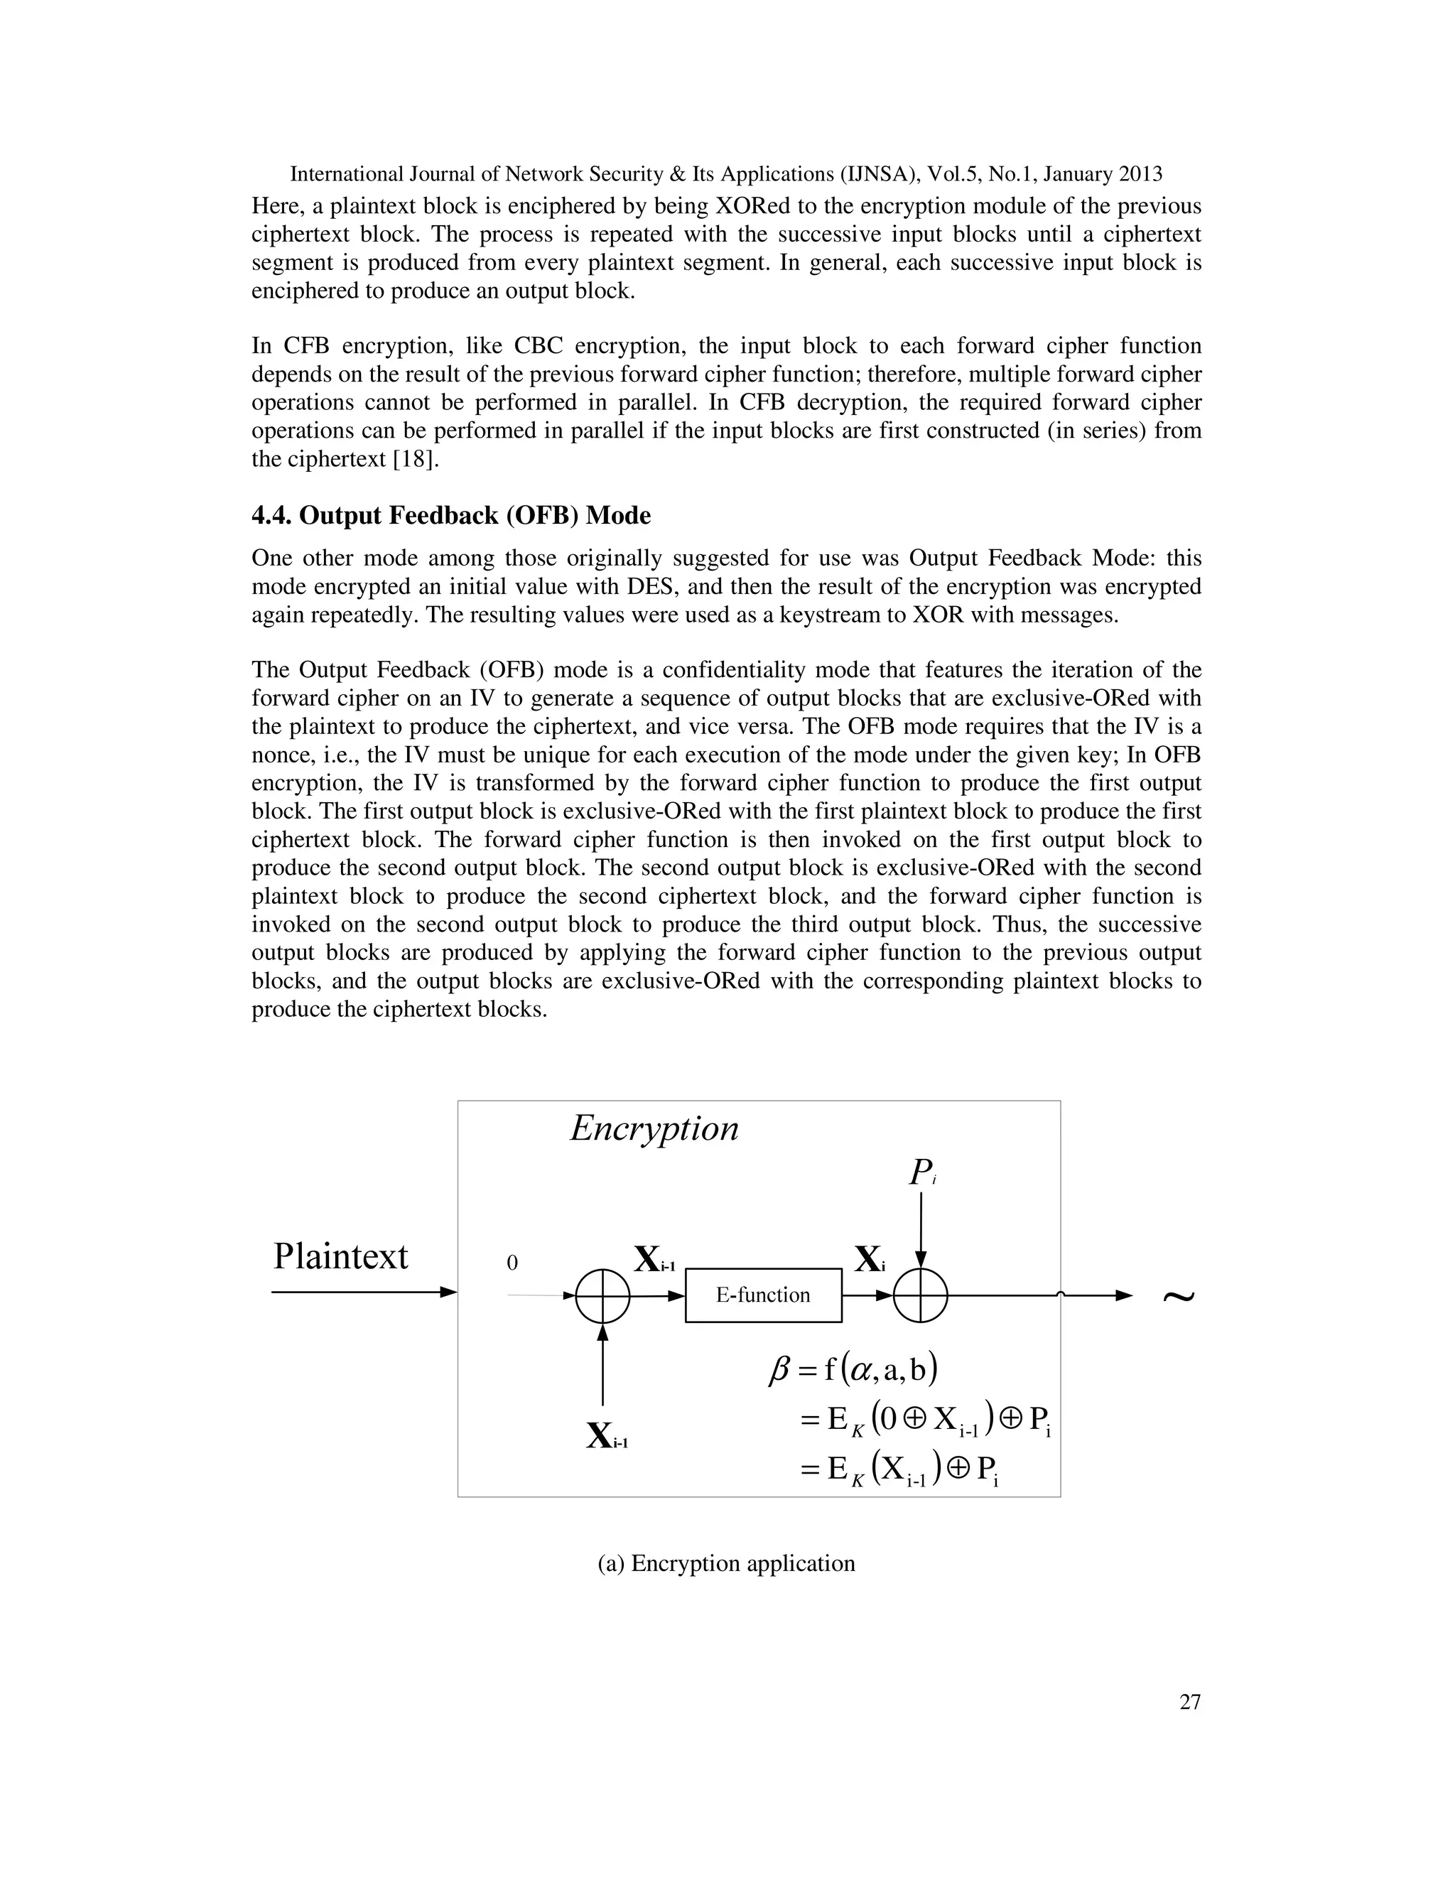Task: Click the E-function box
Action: (x=763, y=1295)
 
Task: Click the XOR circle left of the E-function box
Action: (x=602, y=1295)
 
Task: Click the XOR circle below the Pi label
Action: (x=921, y=1295)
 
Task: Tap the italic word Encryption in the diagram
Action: (x=654, y=1128)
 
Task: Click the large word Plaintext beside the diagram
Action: (x=340, y=1256)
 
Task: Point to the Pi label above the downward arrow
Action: (x=921, y=1172)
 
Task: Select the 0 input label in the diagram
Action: (x=512, y=1263)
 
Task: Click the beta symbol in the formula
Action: (x=779, y=1370)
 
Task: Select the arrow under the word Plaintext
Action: (x=364, y=1292)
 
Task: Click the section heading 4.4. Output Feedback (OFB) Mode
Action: (x=451, y=516)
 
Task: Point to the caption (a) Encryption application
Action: (x=726, y=1563)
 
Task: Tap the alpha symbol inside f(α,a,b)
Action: (x=862, y=1370)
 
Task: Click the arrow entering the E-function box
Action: (x=658, y=1295)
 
